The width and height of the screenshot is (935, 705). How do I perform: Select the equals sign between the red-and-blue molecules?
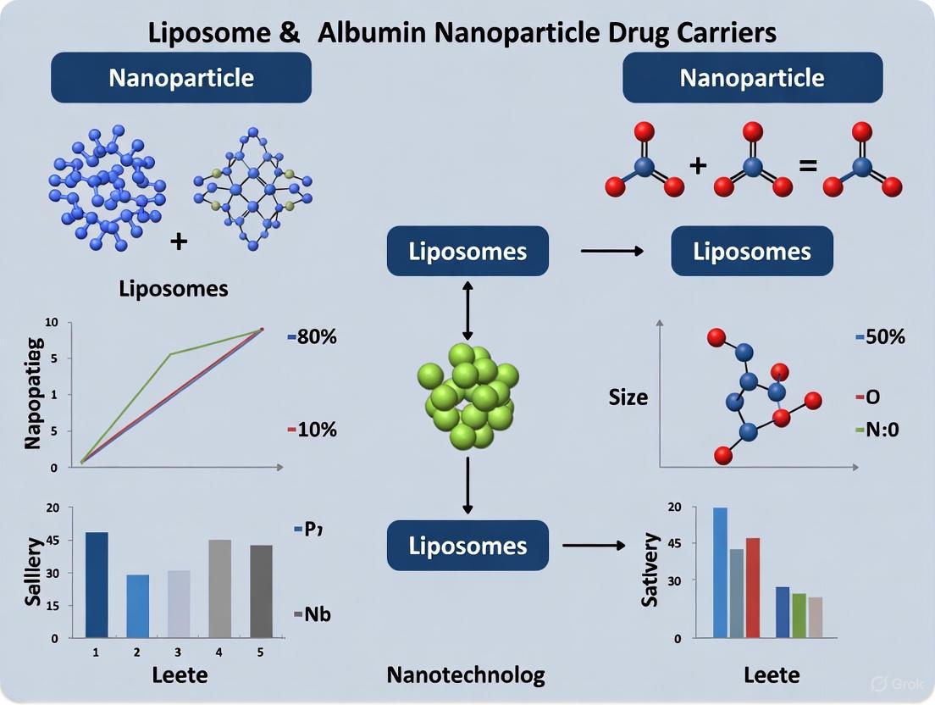tap(808, 164)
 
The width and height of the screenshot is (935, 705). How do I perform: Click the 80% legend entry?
tap(313, 336)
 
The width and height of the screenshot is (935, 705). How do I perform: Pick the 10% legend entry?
tap(313, 430)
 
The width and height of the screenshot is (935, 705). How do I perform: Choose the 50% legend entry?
tap(880, 336)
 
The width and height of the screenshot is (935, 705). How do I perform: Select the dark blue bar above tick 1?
tap(96, 585)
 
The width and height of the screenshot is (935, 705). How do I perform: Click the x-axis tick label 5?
tap(261, 652)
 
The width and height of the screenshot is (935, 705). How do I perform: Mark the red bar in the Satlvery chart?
tap(753, 587)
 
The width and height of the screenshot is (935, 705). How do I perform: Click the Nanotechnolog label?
tap(466, 674)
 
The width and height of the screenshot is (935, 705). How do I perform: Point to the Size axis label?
tap(628, 396)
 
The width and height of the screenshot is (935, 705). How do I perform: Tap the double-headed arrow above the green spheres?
tap(467, 308)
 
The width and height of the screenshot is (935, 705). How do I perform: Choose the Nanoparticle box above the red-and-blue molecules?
tap(752, 78)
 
